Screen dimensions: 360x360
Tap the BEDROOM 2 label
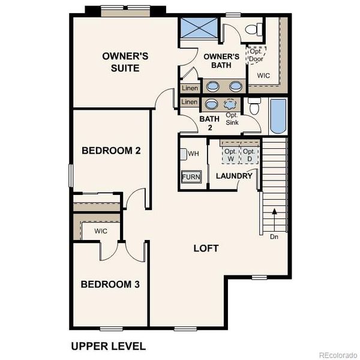click(x=111, y=150)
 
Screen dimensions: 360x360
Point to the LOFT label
click(x=206, y=248)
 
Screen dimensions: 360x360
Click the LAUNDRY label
click(x=234, y=176)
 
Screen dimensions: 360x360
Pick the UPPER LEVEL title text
click(x=108, y=346)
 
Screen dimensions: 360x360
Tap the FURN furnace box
click(x=191, y=177)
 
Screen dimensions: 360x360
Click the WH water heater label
click(x=193, y=154)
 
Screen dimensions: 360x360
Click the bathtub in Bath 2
click(x=278, y=116)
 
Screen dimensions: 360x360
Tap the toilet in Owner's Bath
click(x=255, y=28)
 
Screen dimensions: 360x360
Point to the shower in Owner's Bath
click(x=199, y=29)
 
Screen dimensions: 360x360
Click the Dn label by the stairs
click(x=274, y=236)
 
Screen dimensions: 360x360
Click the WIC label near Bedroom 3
click(x=100, y=231)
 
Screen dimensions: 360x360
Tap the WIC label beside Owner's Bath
click(x=263, y=76)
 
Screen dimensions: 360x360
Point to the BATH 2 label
click(x=206, y=122)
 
